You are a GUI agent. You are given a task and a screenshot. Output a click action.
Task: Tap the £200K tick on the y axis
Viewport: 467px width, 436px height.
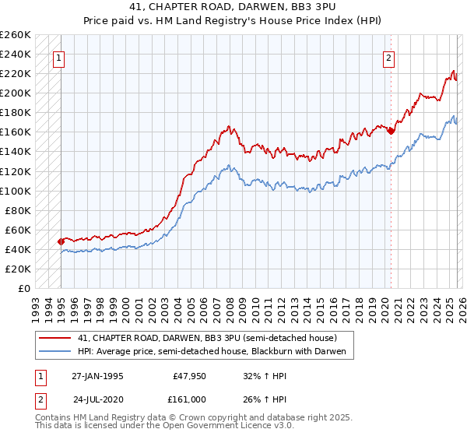pos(16,93)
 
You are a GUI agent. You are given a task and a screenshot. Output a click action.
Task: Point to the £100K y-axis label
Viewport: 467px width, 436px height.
pos(16,191)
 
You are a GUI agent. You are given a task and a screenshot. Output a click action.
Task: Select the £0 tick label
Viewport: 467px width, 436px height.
pos(23,288)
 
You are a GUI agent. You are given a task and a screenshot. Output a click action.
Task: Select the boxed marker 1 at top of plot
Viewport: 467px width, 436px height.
pos(59,57)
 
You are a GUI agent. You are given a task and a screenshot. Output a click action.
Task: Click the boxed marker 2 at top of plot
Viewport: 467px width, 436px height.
pos(388,57)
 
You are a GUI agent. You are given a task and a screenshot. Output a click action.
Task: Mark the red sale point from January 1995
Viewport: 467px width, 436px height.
pos(61,241)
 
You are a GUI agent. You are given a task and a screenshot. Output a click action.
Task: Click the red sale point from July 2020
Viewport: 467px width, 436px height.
pos(391,131)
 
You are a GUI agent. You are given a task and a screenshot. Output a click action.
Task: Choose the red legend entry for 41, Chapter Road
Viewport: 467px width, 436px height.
pos(206,338)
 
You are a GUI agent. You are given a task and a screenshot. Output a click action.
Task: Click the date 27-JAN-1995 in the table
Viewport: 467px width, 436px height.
pos(97,375)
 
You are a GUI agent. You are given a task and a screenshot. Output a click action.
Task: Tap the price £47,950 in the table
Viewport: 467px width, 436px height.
pos(189,375)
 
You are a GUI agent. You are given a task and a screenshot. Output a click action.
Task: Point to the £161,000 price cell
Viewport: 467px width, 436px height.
pos(189,399)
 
